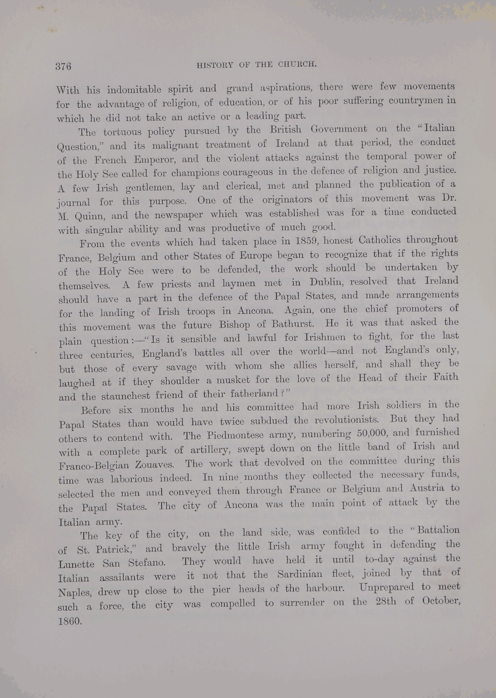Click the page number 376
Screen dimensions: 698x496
(x=63, y=67)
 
